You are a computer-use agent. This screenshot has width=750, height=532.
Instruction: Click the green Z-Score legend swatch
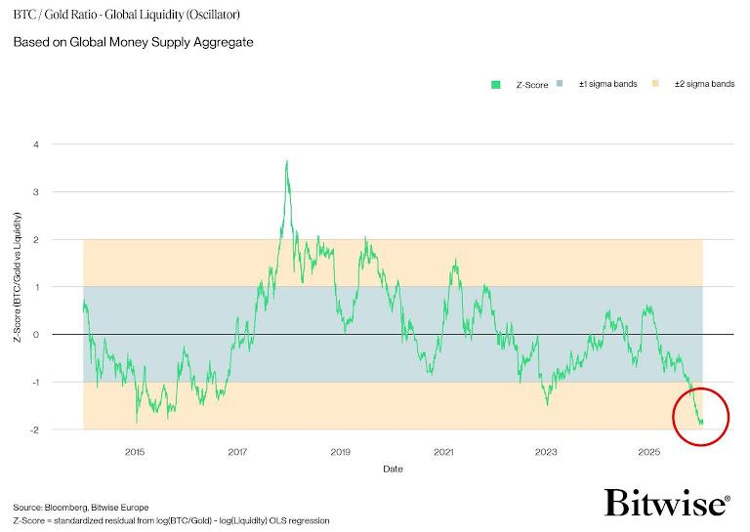coord(496,85)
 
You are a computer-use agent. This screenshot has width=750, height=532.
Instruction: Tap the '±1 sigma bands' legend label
coord(607,85)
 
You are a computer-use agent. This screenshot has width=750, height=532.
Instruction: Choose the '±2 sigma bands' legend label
coord(704,85)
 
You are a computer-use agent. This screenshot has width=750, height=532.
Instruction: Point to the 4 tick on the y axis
coord(63,144)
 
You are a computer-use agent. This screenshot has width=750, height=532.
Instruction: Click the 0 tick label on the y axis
coord(63,335)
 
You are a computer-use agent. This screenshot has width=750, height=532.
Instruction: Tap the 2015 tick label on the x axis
coord(135,452)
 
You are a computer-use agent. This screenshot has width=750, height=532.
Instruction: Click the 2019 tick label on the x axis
coord(340,452)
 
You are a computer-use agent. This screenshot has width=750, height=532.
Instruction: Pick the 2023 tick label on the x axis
coord(546,452)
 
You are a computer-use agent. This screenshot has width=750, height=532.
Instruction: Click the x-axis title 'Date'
coord(392,469)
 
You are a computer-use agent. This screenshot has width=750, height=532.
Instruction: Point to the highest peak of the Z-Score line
coord(286,161)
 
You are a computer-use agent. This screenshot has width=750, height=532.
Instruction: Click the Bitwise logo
coord(667,504)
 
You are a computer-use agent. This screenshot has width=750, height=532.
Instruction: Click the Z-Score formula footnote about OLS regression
coord(171,521)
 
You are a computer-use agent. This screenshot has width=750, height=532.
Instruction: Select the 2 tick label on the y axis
coord(63,239)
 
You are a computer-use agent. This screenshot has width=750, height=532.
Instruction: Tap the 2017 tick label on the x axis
coord(237,452)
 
